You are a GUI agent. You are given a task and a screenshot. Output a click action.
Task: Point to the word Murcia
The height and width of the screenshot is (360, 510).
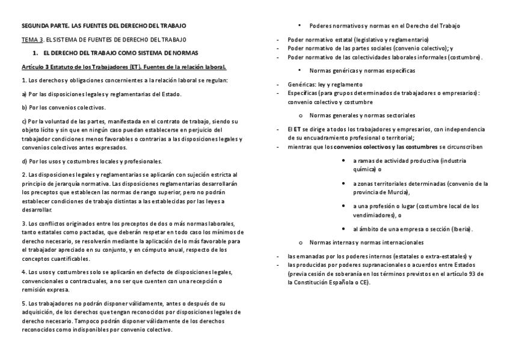coord(395,192)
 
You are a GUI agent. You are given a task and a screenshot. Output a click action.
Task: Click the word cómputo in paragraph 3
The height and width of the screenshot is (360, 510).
coord(157,249)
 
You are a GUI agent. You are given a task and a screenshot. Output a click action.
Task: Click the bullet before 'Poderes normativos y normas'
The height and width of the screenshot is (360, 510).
coord(300,26)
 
